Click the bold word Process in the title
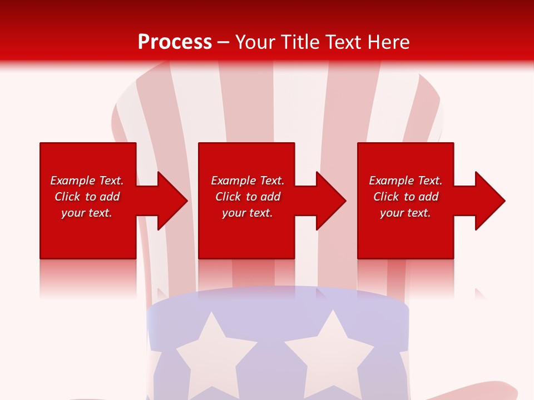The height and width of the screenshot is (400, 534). (x=175, y=42)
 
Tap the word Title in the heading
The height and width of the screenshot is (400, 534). (x=301, y=42)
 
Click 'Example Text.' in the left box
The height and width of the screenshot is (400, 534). (x=87, y=181)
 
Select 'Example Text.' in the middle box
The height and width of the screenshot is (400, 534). (x=248, y=181)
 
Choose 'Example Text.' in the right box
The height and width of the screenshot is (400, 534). (x=406, y=181)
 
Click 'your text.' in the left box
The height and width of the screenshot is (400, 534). (x=87, y=213)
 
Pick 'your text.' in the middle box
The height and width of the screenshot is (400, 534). (x=248, y=213)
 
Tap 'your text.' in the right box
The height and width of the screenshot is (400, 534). (x=406, y=213)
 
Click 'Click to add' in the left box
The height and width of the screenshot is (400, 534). (x=87, y=197)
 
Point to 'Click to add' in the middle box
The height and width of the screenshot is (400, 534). (x=248, y=197)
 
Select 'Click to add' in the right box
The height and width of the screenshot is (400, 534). (x=406, y=197)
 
